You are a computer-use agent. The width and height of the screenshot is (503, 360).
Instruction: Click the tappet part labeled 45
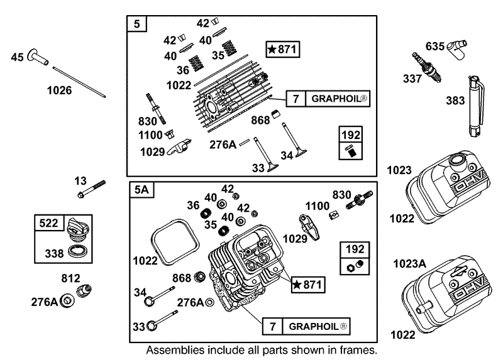point(41,61)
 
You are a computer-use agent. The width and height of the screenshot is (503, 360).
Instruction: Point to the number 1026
point(59,90)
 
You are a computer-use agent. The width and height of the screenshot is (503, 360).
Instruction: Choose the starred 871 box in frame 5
point(283,48)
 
